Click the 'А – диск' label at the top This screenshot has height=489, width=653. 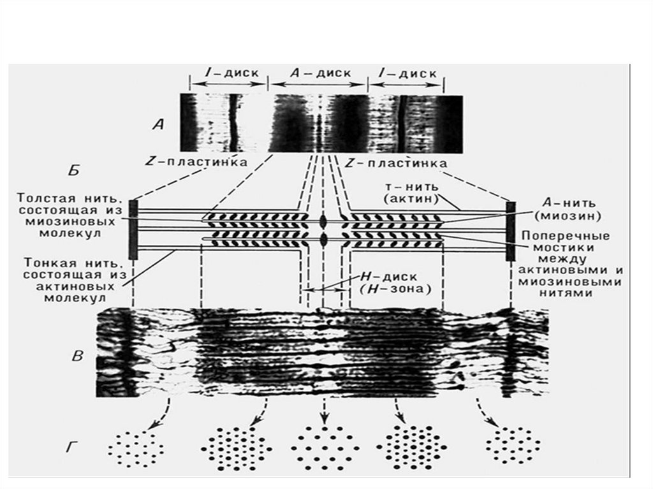(319, 73)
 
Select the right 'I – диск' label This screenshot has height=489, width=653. (406, 73)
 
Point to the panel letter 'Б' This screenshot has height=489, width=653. (75, 171)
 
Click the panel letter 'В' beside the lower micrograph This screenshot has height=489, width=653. (77, 356)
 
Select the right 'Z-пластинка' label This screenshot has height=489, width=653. (395, 163)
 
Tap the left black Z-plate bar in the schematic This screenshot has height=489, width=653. (133, 230)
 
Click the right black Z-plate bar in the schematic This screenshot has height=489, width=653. (511, 231)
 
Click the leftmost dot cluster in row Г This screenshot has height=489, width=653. (135, 444)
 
